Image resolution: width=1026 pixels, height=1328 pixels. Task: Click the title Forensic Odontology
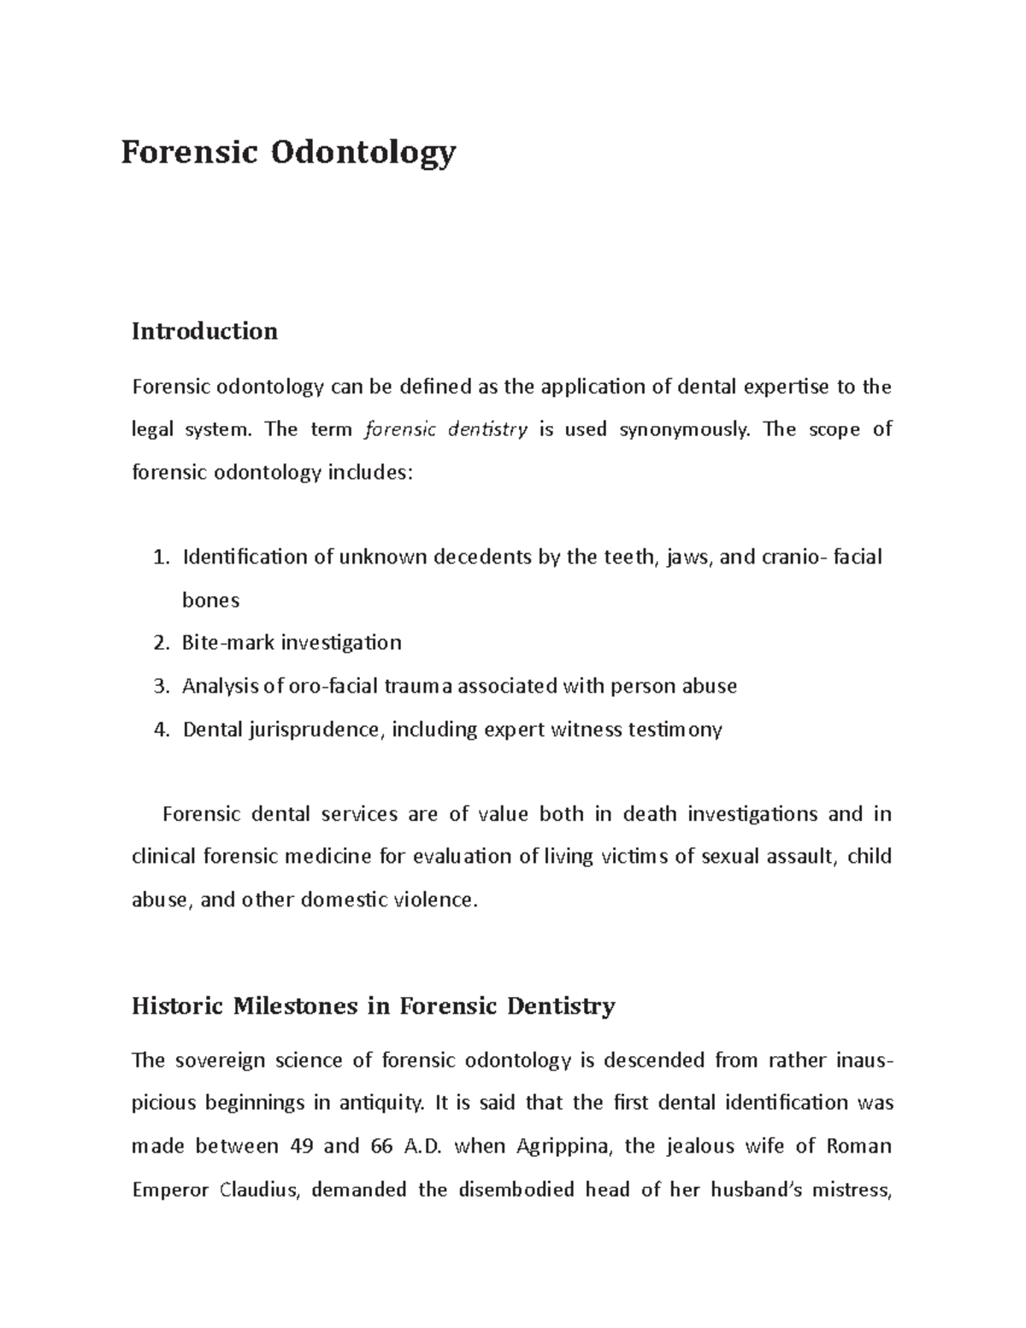(288, 152)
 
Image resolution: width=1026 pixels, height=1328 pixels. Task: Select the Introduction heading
(204, 331)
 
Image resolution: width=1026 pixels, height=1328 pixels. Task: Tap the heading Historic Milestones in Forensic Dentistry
(373, 1006)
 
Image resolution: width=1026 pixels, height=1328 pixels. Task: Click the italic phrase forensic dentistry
(445, 429)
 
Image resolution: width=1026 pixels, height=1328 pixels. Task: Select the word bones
(210, 600)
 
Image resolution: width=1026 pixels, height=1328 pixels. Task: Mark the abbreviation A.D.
(418, 1146)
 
